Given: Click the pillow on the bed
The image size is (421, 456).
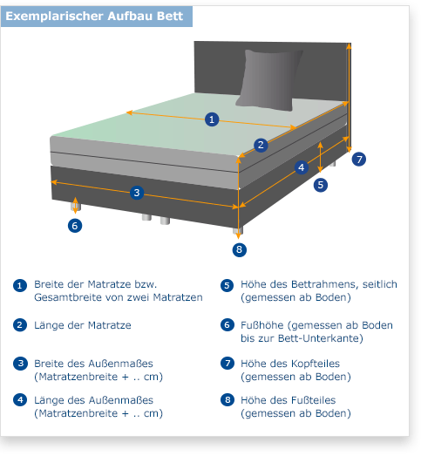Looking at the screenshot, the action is pyautogui.click(x=269, y=80).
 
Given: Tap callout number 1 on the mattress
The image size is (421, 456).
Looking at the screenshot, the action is pyautogui.click(x=212, y=119).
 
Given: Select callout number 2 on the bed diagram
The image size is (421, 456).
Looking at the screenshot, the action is pyautogui.click(x=261, y=145).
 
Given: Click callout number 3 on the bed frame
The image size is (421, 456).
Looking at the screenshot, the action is pyautogui.click(x=137, y=192).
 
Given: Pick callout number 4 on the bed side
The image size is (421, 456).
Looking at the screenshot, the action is pyautogui.click(x=302, y=167).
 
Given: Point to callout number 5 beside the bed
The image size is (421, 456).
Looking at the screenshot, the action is pyautogui.click(x=321, y=185).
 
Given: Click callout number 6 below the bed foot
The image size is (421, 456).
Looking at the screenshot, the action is pyautogui.click(x=75, y=225).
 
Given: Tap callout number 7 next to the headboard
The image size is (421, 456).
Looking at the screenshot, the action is pyautogui.click(x=359, y=159).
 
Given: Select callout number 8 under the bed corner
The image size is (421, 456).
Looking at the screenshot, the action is pyautogui.click(x=240, y=249).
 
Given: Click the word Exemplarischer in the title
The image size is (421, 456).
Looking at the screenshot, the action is pyautogui.click(x=55, y=16).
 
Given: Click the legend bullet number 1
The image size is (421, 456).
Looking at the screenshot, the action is pyautogui.click(x=20, y=286).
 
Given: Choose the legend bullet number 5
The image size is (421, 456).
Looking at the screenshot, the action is pyautogui.click(x=227, y=286).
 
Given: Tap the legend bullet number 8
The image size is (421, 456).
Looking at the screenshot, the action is pyautogui.click(x=227, y=400).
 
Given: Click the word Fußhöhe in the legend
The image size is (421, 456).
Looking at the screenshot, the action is pyautogui.click(x=262, y=325).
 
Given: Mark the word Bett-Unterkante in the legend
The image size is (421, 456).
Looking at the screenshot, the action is pyautogui.click(x=321, y=338).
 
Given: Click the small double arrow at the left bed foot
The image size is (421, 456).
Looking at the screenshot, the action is pyautogui.click(x=75, y=205).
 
